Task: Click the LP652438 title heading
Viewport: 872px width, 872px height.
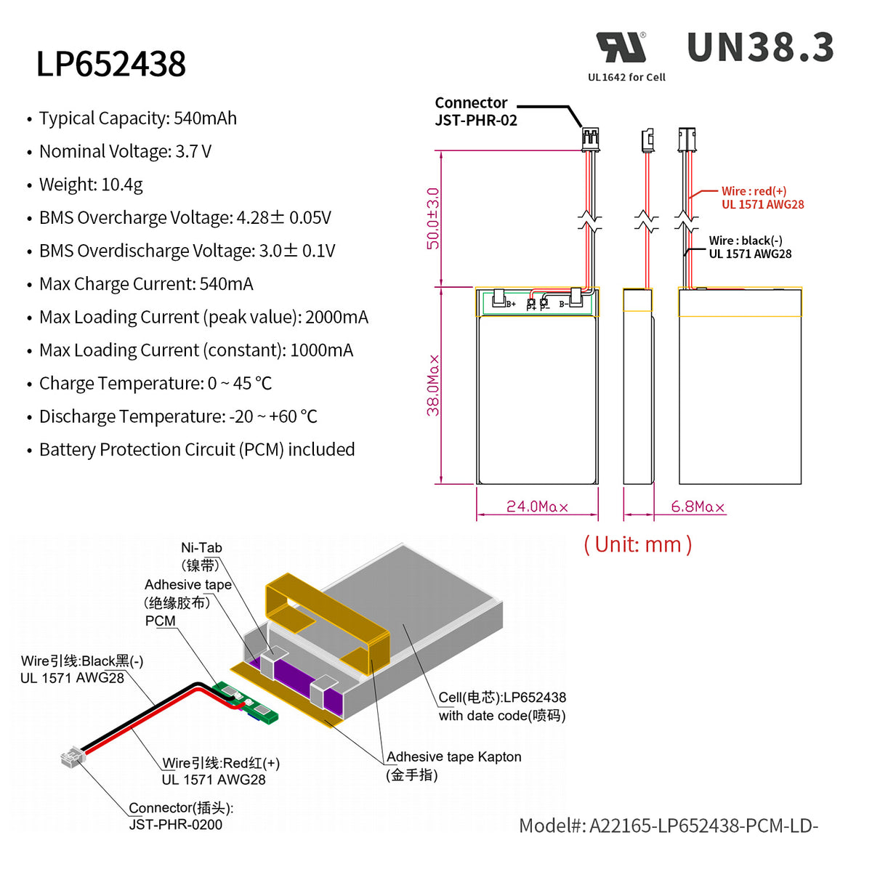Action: pyautogui.click(x=111, y=64)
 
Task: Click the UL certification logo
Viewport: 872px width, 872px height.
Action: pyautogui.click(x=621, y=48)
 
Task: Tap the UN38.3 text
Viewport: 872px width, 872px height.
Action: pyautogui.click(x=760, y=48)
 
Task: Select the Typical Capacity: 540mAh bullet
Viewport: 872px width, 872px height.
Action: pyautogui.click(x=138, y=118)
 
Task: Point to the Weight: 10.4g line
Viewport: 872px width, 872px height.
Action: pyautogui.click(x=91, y=185)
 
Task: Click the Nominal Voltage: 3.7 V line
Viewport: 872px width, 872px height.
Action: pyautogui.click(x=125, y=152)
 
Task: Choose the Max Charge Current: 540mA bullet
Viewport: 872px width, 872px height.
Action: pyautogui.click(x=146, y=284)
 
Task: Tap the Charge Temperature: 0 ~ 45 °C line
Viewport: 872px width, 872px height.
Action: pyautogui.click(x=156, y=384)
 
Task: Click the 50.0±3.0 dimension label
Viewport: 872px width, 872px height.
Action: pyautogui.click(x=433, y=218)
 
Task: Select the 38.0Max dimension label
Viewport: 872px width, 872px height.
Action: pyautogui.click(x=433, y=385)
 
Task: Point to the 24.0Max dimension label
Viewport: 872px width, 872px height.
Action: pyautogui.click(x=537, y=506)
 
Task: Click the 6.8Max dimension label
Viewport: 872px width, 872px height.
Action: pyautogui.click(x=697, y=506)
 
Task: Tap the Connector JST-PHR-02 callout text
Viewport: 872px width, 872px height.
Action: pyautogui.click(x=475, y=112)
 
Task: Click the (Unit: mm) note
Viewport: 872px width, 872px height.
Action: pyautogui.click(x=637, y=544)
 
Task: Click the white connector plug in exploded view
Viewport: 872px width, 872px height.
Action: pyautogui.click(x=71, y=758)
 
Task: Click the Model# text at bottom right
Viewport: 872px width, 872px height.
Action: pyautogui.click(x=668, y=825)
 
